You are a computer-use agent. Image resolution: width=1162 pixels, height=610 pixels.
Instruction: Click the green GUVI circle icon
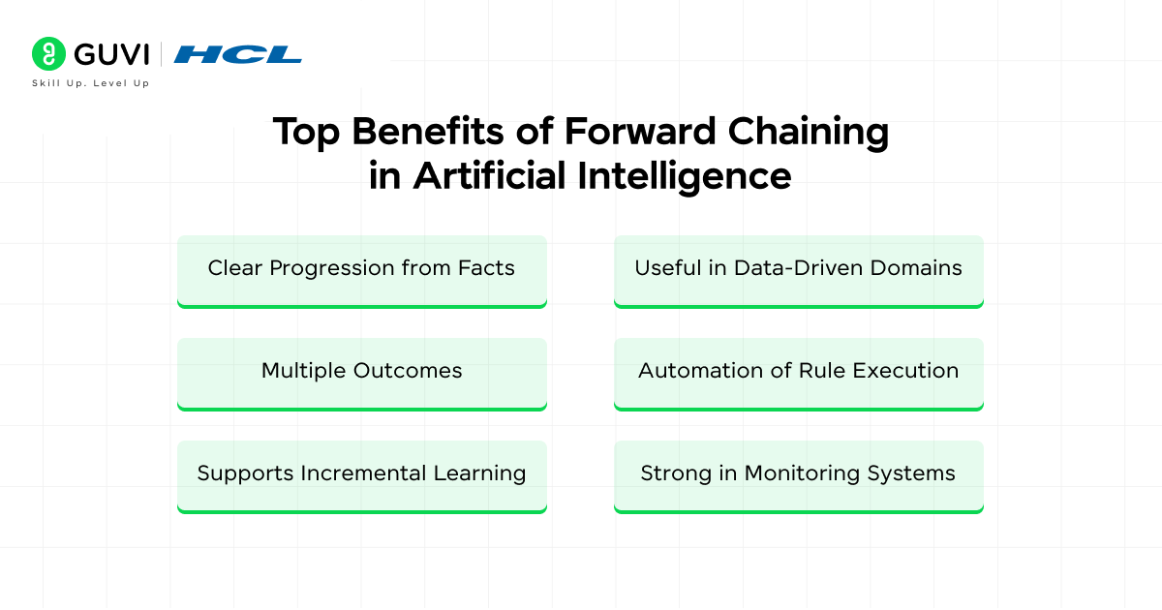(46, 53)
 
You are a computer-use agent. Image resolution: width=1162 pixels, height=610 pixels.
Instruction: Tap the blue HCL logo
(237, 54)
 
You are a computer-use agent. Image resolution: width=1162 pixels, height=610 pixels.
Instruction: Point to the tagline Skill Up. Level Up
(90, 84)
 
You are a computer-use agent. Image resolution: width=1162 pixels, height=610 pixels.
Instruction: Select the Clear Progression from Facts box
(361, 270)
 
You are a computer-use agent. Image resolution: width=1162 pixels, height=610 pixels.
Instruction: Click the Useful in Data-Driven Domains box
(798, 270)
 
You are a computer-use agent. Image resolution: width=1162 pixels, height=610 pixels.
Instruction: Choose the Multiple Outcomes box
(361, 373)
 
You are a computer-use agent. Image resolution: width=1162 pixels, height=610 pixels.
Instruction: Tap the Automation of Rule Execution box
(798, 373)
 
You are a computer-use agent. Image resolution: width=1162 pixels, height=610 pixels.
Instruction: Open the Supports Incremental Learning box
(361, 475)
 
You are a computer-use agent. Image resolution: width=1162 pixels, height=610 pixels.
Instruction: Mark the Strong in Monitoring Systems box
(798, 475)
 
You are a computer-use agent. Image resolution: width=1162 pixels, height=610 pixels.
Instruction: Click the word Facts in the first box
(487, 268)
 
